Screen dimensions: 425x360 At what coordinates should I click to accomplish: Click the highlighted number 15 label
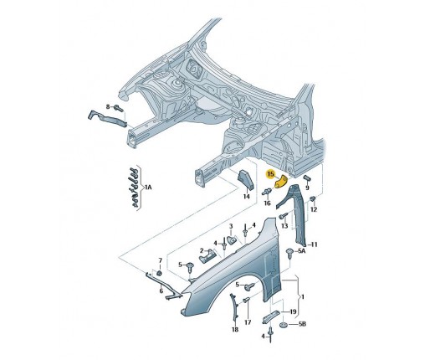point(270,174)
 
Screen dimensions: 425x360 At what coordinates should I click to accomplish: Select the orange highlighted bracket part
point(281,183)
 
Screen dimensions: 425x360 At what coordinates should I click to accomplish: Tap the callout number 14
point(246,197)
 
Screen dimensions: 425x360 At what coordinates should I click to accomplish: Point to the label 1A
point(148,188)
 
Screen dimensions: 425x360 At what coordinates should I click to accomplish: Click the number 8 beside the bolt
point(108,106)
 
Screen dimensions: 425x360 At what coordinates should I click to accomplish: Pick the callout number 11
point(315,244)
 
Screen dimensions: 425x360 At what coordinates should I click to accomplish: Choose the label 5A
point(302,251)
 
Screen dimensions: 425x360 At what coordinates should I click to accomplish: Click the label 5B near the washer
point(302,324)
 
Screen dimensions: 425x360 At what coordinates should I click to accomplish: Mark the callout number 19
point(293,311)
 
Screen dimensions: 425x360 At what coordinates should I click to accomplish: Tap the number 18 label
point(235,330)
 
